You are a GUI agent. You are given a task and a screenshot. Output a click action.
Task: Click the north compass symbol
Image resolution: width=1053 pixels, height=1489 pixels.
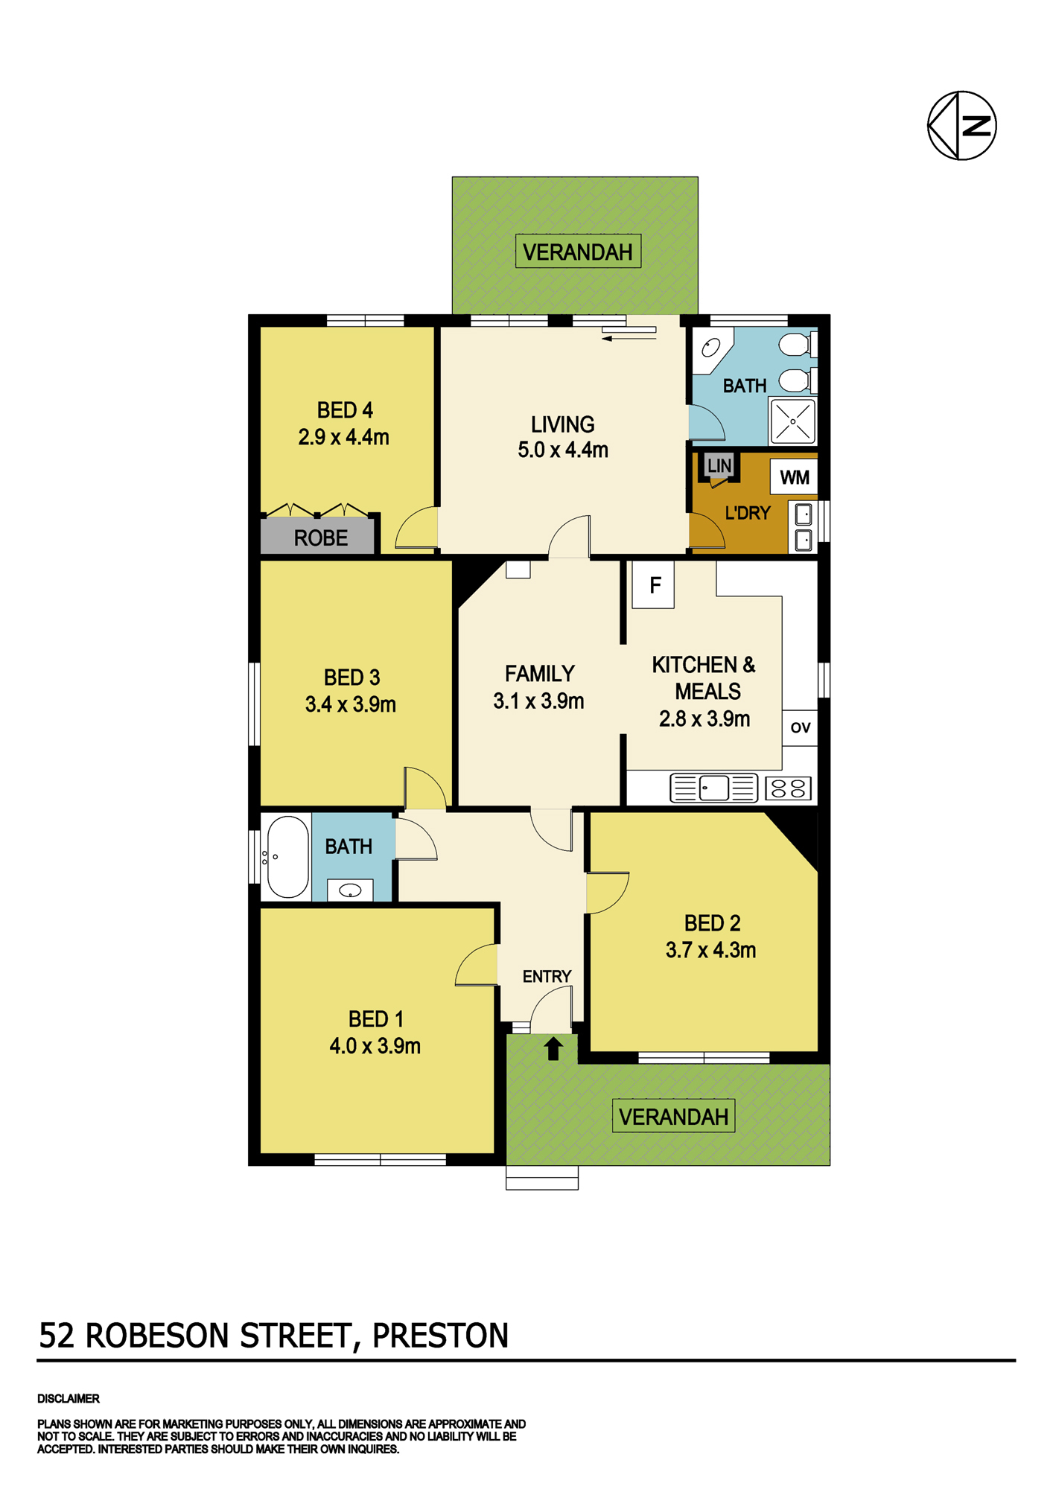point(961,125)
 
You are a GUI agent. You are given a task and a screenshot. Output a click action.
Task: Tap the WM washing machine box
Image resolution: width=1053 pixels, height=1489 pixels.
point(794,477)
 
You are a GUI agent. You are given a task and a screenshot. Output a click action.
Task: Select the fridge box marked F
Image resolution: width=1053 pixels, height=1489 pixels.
point(653,584)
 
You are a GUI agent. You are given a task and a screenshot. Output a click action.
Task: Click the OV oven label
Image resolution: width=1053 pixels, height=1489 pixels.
point(801,727)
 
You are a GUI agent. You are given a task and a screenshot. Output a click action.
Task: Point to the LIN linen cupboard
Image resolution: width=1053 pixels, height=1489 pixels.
point(719,466)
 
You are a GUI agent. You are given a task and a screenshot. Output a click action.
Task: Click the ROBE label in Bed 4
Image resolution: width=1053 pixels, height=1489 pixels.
point(320,538)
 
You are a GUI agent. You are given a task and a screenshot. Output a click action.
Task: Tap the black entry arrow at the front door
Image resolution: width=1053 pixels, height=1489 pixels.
point(553,1049)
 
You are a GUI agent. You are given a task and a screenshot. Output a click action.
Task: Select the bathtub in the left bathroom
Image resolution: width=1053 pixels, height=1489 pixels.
point(287,857)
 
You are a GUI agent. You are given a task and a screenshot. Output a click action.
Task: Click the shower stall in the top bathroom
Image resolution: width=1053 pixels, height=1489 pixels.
point(793,421)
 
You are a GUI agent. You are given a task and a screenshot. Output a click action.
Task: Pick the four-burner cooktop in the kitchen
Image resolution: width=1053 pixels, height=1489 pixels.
point(788,788)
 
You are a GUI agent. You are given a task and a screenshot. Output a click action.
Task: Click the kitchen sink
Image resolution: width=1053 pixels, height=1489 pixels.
point(713,788)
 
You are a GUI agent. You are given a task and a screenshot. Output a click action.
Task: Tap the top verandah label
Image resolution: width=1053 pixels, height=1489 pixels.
point(578,252)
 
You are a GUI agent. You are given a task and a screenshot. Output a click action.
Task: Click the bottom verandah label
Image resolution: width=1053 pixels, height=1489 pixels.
point(673,1117)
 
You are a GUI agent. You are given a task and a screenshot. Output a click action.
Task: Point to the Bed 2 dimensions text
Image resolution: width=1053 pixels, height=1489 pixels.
point(711,950)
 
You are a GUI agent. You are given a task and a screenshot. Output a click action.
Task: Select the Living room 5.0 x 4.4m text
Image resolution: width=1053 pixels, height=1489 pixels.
point(563,450)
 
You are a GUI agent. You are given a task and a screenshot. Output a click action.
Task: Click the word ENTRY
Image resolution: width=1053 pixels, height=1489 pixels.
point(547,976)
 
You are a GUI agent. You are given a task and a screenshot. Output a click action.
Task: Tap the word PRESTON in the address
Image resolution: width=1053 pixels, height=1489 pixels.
point(440,1336)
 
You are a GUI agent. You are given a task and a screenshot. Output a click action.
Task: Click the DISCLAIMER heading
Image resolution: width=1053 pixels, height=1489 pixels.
point(69,1399)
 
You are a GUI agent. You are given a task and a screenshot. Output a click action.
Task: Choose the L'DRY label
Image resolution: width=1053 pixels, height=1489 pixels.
point(748,513)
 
